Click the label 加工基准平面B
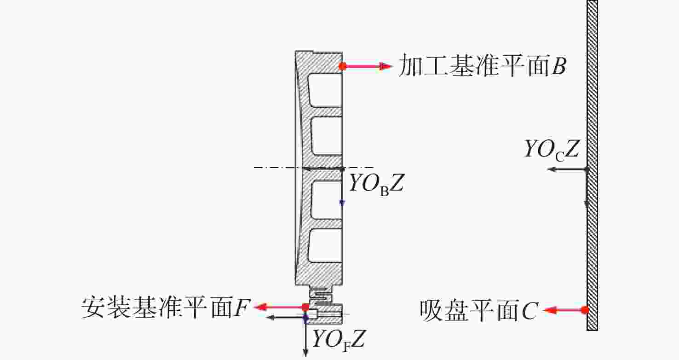tap(482, 65)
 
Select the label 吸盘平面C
tap(479, 311)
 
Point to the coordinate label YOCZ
tap(552, 150)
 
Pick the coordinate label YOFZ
tap(338, 340)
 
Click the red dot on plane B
tap(343, 66)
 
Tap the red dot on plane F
tap(305, 308)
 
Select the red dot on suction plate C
tap(585, 310)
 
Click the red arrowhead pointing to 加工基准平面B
tap(386, 66)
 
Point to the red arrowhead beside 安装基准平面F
tap(261, 307)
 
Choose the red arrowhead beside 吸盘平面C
tap(551, 310)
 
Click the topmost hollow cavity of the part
tap(325, 90)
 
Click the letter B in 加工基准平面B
tap(559, 65)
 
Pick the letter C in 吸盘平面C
tap(530, 311)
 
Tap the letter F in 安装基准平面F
tap(242, 308)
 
